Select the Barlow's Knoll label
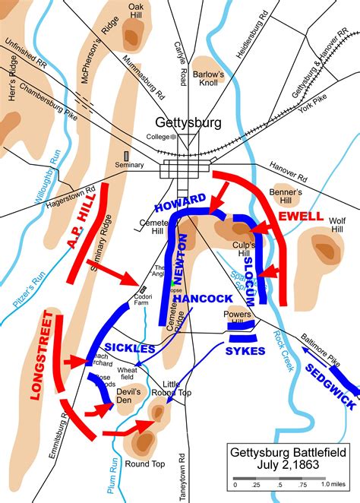point(210,79)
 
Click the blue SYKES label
point(245,351)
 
